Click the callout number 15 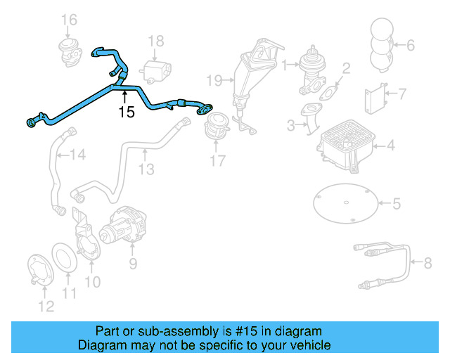click(126, 111)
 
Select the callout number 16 click(68, 19)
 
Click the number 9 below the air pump click(131, 264)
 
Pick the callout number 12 click(45, 305)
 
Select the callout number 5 click(396, 205)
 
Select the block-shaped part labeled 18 click(155, 71)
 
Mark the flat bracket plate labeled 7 click(374, 97)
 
